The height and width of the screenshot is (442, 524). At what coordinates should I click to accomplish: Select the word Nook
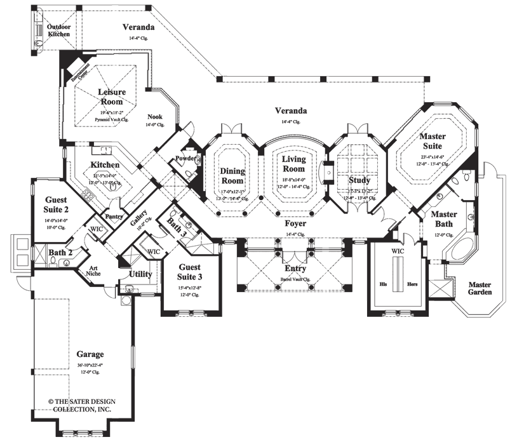click(154, 117)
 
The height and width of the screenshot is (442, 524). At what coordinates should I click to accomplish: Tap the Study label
click(359, 180)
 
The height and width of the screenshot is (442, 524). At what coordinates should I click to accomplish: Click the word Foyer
click(295, 224)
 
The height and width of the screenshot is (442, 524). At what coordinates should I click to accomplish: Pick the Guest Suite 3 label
click(190, 272)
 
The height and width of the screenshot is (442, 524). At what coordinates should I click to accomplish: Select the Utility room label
click(140, 274)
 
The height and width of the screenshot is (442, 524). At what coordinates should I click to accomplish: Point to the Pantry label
click(114, 217)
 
